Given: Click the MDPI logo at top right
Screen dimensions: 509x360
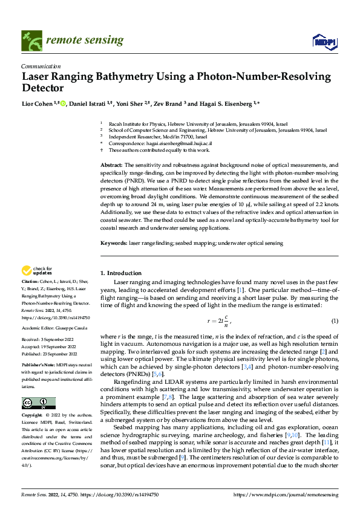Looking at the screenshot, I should point(325,41).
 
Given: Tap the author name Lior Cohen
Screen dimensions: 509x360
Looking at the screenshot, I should point(35,103).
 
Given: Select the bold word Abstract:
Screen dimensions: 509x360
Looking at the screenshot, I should point(111,165).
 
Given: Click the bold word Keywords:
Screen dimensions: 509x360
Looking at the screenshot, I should point(114,242).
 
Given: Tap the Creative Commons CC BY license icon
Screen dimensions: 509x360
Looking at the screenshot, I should point(38,403).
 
